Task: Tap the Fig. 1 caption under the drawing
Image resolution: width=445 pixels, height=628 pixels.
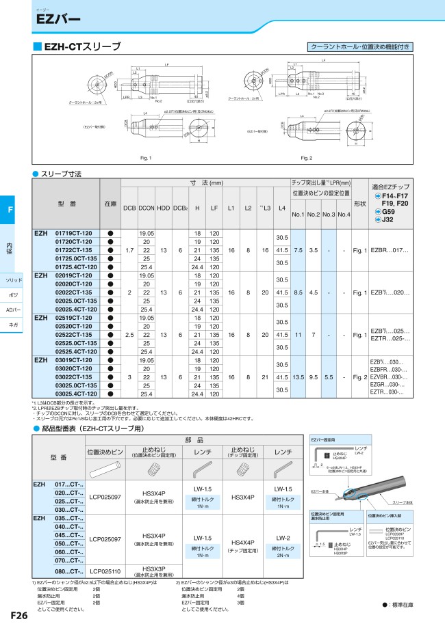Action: tap(145, 158)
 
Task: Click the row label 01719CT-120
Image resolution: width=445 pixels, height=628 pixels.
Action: tap(73, 233)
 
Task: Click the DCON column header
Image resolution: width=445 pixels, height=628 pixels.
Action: tap(147, 208)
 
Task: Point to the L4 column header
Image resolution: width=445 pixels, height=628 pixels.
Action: tap(281, 208)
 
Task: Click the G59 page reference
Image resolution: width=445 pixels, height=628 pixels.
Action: tap(385, 212)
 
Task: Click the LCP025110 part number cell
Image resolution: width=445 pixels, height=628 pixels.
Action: tap(106, 571)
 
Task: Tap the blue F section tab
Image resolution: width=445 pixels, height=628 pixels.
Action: tap(10, 209)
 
